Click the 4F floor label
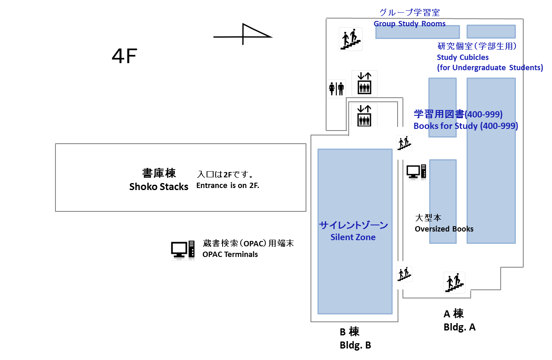124,56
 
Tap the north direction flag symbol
243,34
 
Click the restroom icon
336,89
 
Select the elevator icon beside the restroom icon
364,83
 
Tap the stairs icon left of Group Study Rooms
350,39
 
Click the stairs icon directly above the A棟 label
454,282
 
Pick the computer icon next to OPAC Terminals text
183,250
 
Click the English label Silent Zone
353,237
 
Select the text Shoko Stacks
159,187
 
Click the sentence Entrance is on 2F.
228,186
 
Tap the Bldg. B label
355,345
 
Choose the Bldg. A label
460,327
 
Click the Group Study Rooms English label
409,24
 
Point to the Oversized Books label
444,229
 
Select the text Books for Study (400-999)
466,126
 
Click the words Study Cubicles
462,57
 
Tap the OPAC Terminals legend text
230,255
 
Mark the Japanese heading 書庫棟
159,173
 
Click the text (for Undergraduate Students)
490,68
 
